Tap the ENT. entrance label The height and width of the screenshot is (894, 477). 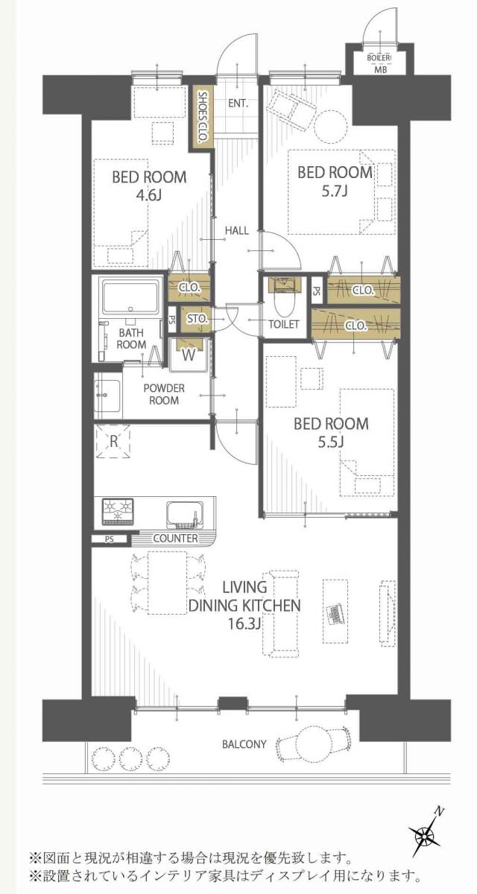[x=238, y=104]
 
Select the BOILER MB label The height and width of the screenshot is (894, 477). [x=379, y=63]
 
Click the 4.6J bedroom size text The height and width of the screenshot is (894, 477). [x=149, y=195]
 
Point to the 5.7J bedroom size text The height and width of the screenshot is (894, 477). [x=335, y=191]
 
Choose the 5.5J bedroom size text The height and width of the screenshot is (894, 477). [x=332, y=442]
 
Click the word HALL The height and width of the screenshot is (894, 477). [x=237, y=230]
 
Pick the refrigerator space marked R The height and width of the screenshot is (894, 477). [x=114, y=441]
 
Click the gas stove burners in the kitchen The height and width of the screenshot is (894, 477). [x=117, y=511]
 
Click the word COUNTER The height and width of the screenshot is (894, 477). [x=176, y=538]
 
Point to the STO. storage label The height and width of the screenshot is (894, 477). [x=198, y=319]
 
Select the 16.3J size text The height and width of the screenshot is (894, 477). [x=244, y=624]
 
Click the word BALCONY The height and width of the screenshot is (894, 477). [x=244, y=744]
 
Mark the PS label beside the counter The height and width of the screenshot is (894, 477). [x=110, y=539]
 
